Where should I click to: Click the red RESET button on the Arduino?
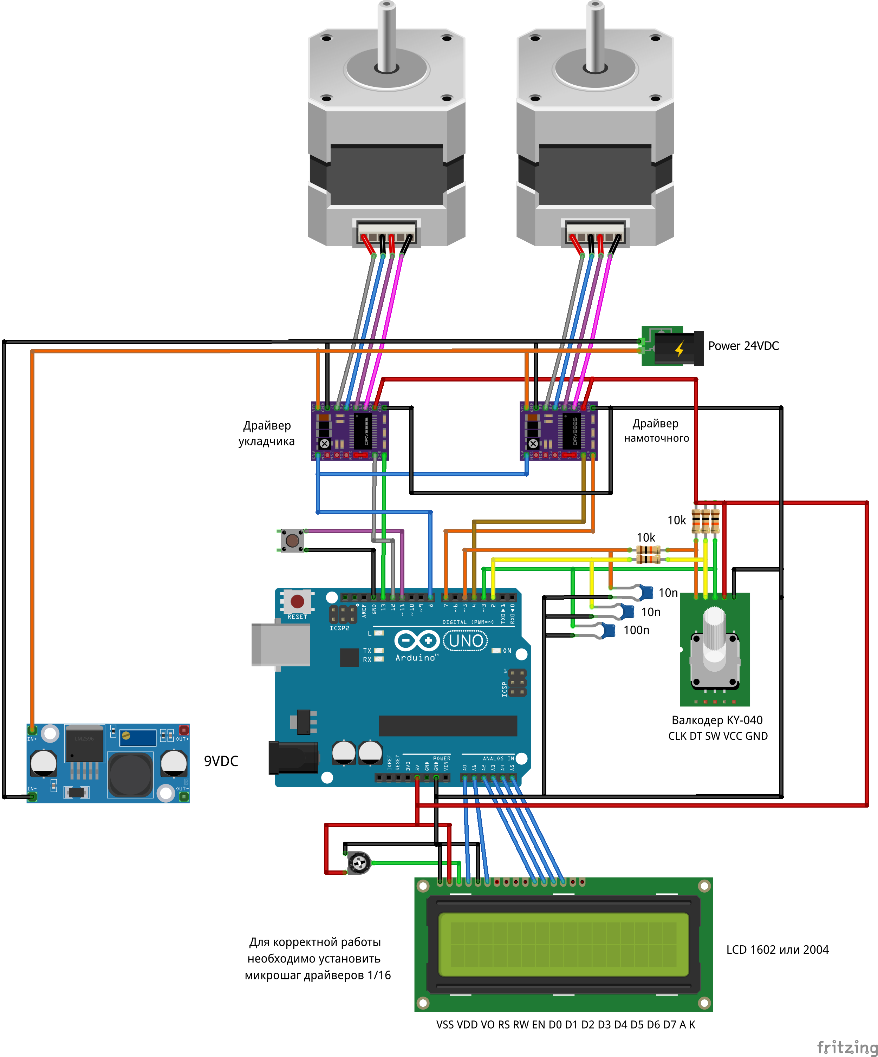coord(297,601)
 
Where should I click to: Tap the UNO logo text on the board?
coord(466,641)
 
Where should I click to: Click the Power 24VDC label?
coord(743,346)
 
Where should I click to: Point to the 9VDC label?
coord(221,761)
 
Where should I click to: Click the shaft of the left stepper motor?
coord(386,35)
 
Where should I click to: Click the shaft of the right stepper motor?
coord(595,35)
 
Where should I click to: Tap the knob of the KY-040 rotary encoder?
coord(714,629)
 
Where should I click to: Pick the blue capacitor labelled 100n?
coord(608,630)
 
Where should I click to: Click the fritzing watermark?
coord(847,1047)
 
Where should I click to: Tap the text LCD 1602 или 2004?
coord(777,950)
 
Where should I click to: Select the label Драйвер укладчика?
coord(267,433)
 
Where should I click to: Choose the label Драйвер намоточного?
coord(656,431)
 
